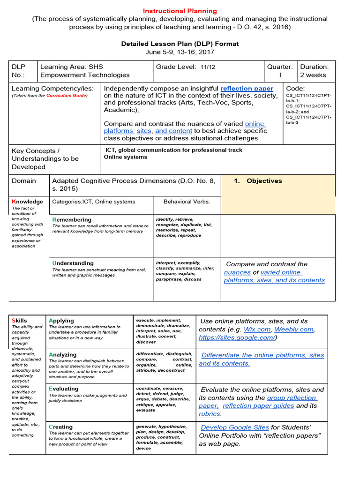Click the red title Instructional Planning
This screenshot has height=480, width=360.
(180, 11)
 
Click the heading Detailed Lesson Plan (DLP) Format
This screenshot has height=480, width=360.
(180, 44)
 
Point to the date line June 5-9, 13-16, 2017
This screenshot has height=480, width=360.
(180, 52)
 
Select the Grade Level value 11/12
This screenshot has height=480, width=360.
(208, 67)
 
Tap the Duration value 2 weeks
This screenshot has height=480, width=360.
(313, 75)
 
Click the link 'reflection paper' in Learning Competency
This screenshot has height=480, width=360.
(247, 88)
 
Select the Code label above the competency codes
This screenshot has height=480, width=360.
(295, 88)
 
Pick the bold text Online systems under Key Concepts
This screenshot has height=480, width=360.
(125, 157)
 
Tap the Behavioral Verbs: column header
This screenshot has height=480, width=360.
(187, 202)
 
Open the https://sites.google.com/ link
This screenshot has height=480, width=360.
(237, 337)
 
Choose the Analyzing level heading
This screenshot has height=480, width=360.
(62, 355)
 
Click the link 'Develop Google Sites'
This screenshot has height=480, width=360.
(235, 427)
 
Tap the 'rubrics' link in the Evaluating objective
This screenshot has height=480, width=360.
(209, 414)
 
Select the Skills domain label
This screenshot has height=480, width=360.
(19, 321)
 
